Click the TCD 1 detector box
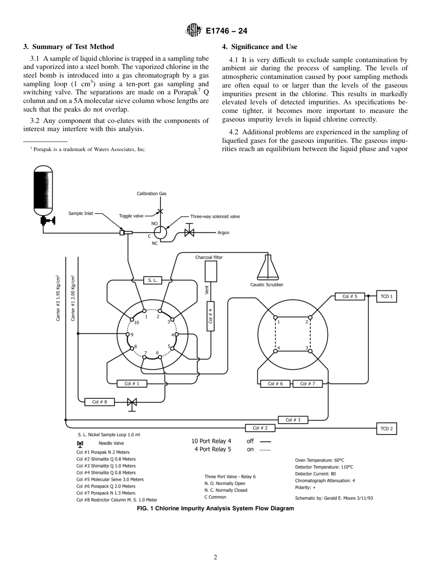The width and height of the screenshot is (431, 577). [x=387, y=297]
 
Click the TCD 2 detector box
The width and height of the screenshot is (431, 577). [x=387, y=428]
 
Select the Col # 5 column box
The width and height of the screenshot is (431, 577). [x=350, y=297]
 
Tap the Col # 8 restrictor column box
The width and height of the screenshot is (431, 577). [x=99, y=401]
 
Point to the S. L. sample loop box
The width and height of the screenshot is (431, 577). [x=152, y=280]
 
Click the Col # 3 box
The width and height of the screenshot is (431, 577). [x=293, y=420]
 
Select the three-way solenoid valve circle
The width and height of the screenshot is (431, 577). [x=160, y=233]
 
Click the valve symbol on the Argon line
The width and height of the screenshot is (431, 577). [x=189, y=233]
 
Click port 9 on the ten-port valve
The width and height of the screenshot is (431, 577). [x=127, y=334]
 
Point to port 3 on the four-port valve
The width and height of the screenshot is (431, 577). [x=310, y=352]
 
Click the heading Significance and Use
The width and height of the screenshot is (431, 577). [x=260, y=47]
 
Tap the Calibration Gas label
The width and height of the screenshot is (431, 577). [x=152, y=194]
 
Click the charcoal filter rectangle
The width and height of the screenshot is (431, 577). [x=211, y=272]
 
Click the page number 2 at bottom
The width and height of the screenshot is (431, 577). [x=215, y=557]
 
